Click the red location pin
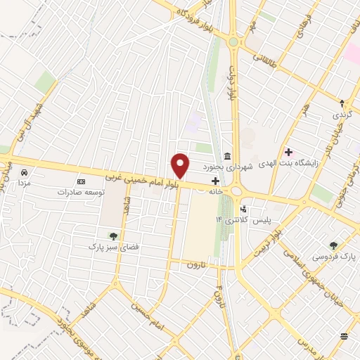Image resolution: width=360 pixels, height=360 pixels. tap(181, 165)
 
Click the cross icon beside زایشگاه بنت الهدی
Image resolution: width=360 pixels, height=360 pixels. tap(288, 151)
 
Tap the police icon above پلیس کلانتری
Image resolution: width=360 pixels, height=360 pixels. tap(244, 209)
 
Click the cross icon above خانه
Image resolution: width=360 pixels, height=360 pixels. tap(215, 180)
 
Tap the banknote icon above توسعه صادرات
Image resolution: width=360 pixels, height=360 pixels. tap(81, 181)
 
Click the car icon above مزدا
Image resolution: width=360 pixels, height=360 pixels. tap(24, 172)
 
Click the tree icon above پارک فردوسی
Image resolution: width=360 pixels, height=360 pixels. tap(333, 245)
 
